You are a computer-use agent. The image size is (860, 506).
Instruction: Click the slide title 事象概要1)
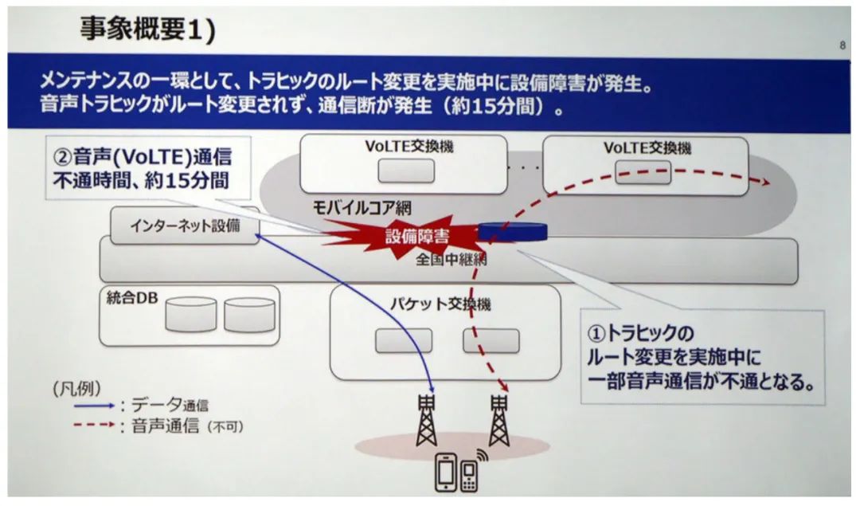point(147,29)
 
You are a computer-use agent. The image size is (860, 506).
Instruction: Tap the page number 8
point(842,46)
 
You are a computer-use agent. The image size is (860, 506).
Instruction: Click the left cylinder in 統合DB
point(190,315)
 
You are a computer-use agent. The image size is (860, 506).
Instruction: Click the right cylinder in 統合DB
point(248,315)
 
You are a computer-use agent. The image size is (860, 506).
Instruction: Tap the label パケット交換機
point(440,304)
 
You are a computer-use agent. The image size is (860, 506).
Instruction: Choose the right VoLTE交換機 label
point(647,148)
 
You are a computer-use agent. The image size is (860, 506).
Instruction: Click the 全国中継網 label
point(451,259)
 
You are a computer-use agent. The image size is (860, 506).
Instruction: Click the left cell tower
point(427,420)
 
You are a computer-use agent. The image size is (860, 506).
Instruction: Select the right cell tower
point(499,420)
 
